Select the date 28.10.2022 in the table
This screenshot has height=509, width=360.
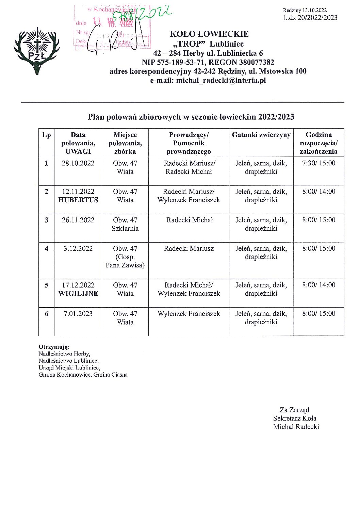click(78, 163)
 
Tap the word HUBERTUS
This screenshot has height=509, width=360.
click(78, 200)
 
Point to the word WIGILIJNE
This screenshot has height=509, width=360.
click(78, 294)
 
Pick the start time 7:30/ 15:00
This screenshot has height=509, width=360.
click(318, 163)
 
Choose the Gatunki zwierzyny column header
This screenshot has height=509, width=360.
click(261, 135)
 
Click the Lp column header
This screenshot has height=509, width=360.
click(46, 135)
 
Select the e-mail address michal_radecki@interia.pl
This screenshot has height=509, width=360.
click(221, 81)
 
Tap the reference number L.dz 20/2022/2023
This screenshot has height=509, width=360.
click(310, 18)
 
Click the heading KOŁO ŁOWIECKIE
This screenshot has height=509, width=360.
click(209, 34)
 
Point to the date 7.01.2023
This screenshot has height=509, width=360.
click(78, 314)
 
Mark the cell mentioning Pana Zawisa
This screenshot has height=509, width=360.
click(125, 257)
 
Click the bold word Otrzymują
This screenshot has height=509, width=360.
click(54, 347)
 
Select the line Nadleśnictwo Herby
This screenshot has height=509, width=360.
click(64, 354)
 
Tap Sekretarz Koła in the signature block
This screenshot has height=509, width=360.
click(295, 418)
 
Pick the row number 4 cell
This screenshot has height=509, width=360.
click(46, 249)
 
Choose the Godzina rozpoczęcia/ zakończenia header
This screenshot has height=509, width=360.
click(318, 143)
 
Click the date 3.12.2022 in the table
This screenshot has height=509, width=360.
click(78, 249)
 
